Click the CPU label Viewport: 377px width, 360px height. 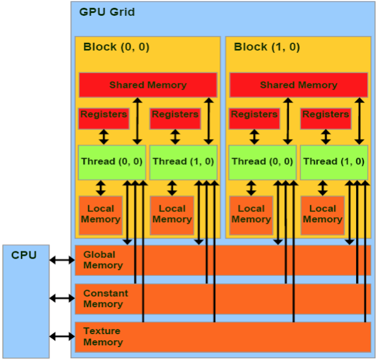[24, 255]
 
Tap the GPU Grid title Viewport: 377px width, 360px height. [107, 12]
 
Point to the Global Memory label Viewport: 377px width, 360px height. [103, 260]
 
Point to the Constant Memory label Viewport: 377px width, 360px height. [105, 298]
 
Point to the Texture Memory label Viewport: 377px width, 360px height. [103, 337]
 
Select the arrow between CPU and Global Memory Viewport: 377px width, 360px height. [62, 260]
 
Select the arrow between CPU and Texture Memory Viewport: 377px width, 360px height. [62, 336]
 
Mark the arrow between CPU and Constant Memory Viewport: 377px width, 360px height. [62, 298]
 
